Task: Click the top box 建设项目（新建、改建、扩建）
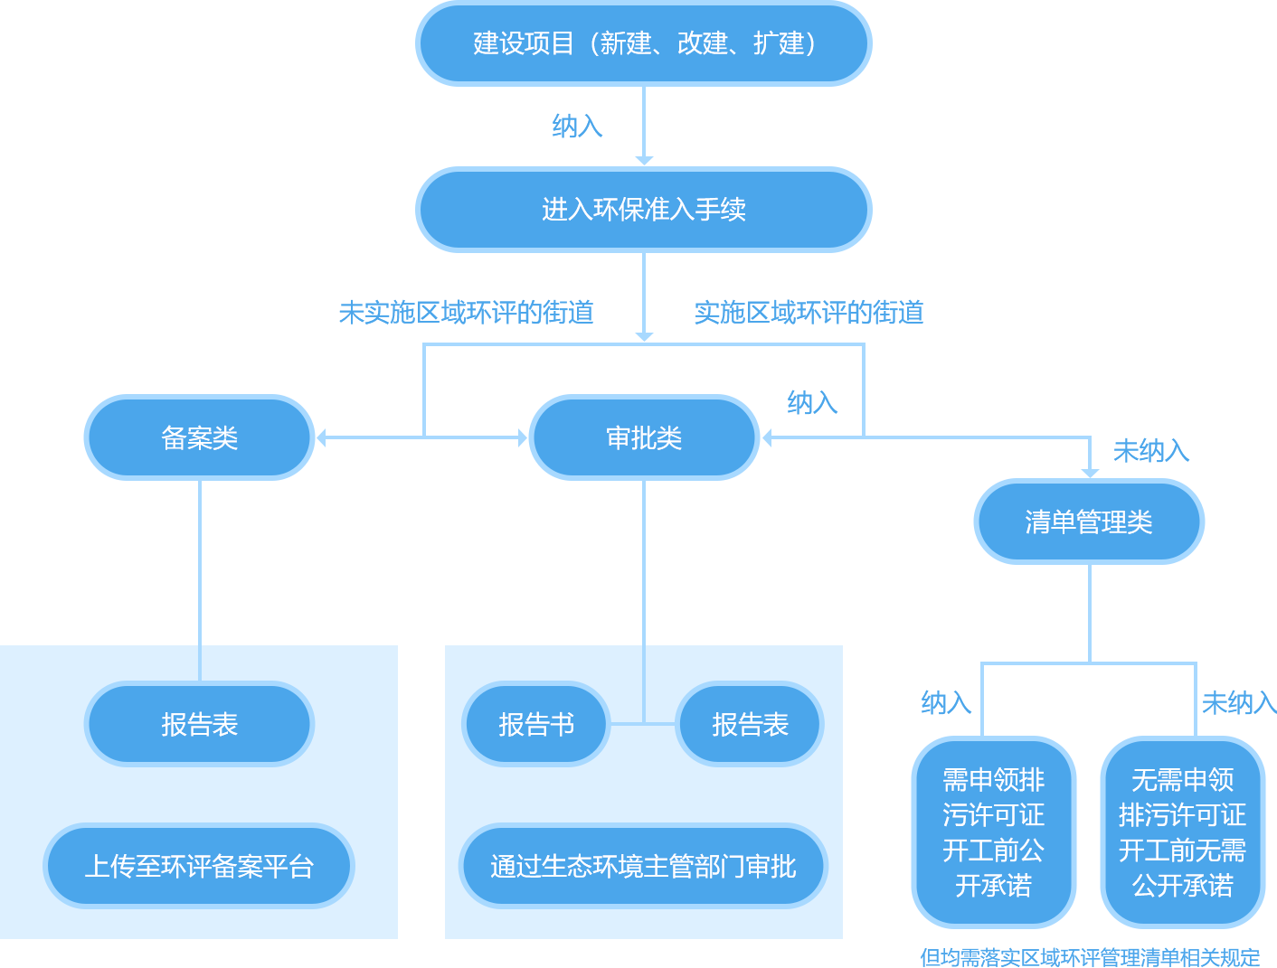[643, 43]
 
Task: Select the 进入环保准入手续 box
[643, 210]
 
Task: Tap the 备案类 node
[200, 438]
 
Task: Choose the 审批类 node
[643, 438]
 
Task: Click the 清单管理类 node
[1088, 522]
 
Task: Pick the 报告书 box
[536, 724]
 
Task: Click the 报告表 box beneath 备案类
[200, 724]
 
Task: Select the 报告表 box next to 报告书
[750, 724]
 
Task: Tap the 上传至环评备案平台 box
[199, 866]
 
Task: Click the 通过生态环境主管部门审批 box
[643, 866]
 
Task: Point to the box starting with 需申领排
[993, 832]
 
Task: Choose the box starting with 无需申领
[1182, 832]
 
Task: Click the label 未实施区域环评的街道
[466, 313]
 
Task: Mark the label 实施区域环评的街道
[809, 313]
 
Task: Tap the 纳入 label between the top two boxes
[577, 126]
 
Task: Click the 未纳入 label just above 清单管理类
[1150, 450]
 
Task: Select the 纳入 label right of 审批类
[812, 402]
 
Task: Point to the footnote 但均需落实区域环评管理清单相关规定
[1090, 957]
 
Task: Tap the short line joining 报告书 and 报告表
[643, 724]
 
